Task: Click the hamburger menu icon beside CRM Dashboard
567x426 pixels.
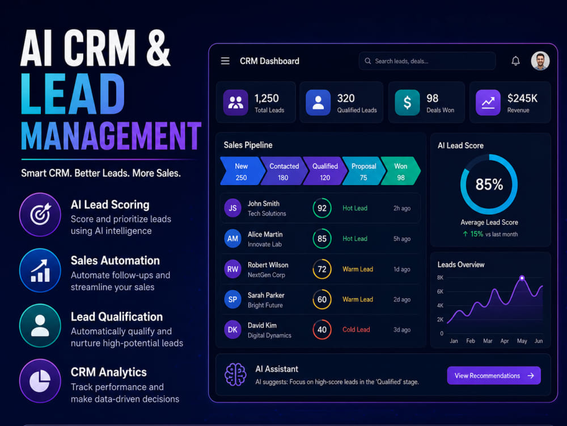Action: pos(225,61)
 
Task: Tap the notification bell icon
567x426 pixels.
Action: pos(515,61)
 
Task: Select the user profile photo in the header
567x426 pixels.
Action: pos(540,61)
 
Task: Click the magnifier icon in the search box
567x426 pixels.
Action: pos(368,61)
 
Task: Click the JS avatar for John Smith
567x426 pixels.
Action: pos(232,208)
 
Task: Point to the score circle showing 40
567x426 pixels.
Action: pos(322,329)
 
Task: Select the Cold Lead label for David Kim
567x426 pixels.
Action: pos(356,329)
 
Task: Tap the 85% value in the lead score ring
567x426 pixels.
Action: pos(489,185)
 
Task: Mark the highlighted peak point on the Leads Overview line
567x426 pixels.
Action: pos(522,278)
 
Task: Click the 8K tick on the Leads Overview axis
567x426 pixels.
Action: pos(440,278)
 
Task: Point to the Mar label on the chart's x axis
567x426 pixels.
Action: pos(488,341)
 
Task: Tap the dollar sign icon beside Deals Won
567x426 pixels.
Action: pos(407,102)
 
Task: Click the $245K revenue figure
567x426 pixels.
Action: pos(522,98)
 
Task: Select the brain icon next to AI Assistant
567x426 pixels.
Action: pos(235,374)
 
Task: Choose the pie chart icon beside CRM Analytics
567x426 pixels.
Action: pos(40,381)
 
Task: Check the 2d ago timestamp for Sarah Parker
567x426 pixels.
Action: pos(402,299)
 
